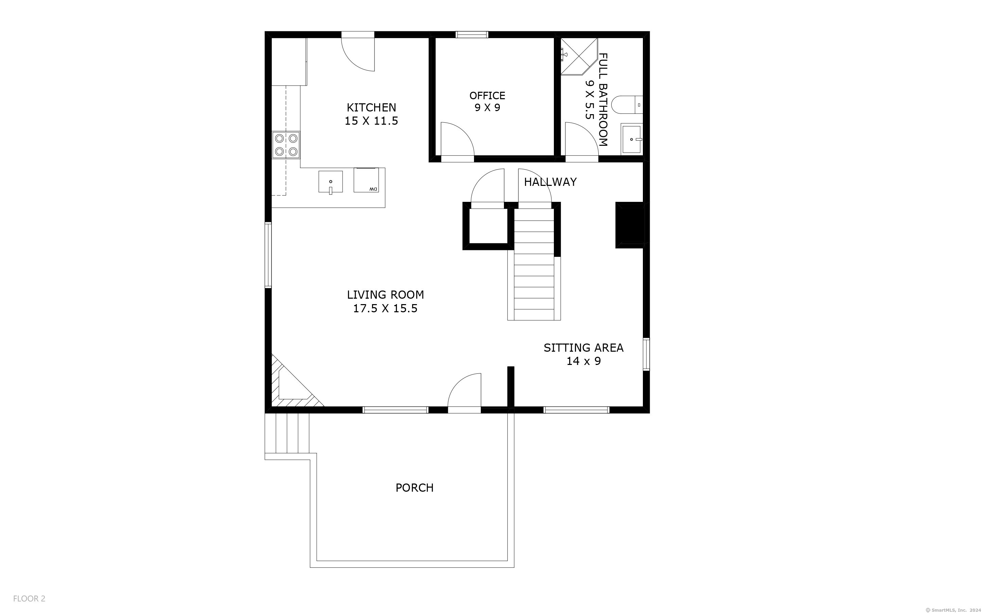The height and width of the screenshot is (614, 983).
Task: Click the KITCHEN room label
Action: (371, 108)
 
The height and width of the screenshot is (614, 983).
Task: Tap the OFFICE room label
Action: (487, 96)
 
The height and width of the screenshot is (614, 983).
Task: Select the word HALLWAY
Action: (550, 182)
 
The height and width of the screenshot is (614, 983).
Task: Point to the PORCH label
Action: (415, 488)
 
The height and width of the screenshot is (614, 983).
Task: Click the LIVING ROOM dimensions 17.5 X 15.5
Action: (385, 309)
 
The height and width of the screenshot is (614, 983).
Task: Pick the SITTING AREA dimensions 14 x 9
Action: (583, 361)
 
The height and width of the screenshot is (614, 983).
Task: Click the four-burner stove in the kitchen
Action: (286, 145)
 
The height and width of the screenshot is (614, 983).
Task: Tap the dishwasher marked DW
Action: (366, 180)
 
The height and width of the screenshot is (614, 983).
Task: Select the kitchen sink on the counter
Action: (331, 182)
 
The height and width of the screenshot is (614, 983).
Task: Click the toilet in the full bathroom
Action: (627, 105)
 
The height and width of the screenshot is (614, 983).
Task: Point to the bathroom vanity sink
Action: (631, 139)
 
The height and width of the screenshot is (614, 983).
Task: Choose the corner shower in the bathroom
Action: (579, 56)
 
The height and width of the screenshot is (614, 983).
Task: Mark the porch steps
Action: (287, 433)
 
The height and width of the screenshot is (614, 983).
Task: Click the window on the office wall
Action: (472, 35)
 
